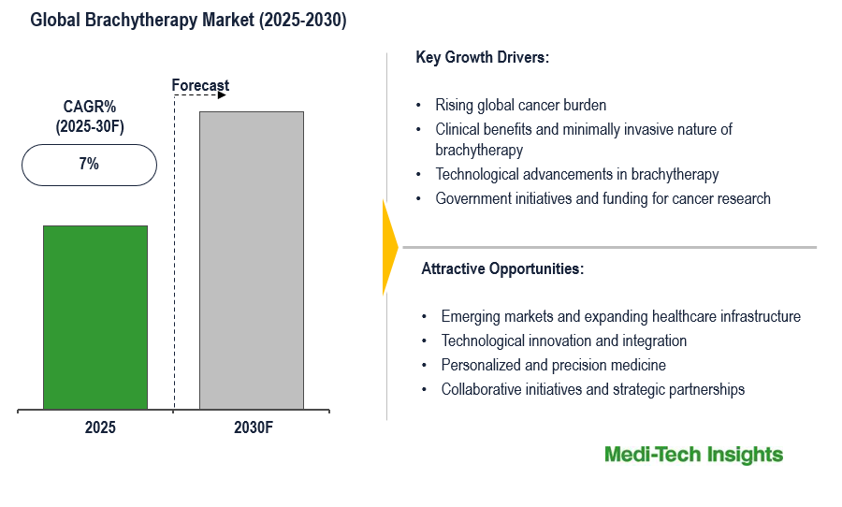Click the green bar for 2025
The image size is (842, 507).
pos(95,317)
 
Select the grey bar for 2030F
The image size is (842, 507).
pos(252,260)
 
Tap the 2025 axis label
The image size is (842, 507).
pos(100,427)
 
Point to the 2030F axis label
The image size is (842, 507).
pos(254,427)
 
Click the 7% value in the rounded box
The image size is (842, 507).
pos(89,164)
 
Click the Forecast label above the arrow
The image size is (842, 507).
pos(200,86)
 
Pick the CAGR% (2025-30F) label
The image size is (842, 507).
pos(90,116)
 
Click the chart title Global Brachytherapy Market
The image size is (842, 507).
pos(188,21)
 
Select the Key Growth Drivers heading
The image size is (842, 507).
pos(482,57)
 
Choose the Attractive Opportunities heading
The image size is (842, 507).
pos(502,268)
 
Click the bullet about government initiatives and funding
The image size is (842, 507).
pos(602,198)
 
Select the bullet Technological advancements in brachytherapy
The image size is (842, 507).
pos(576,174)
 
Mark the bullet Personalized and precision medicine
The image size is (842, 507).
pos(553,365)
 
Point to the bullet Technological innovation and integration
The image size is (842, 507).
pos(564,340)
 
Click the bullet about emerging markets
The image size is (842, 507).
pos(620,316)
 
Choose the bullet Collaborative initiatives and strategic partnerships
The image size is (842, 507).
pos(592,389)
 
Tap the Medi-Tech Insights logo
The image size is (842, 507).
pos(693,455)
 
